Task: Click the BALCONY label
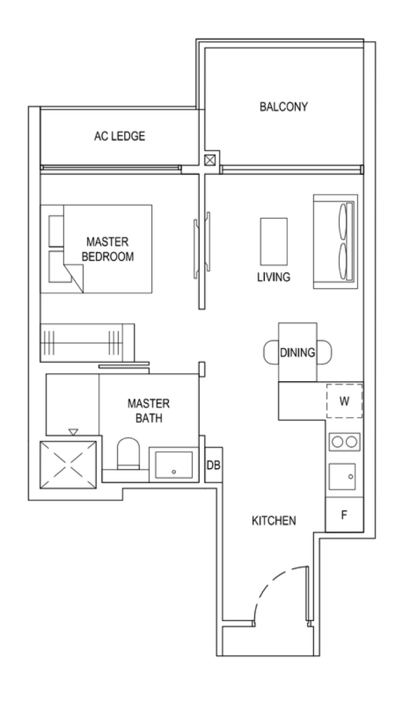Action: pyautogui.click(x=283, y=107)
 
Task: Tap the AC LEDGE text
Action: pyautogui.click(x=120, y=136)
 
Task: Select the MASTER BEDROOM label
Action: pyautogui.click(x=108, y=249)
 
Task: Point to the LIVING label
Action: pyautogui.click(x=274, y=277)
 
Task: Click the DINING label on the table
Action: pyautogui.click(x=297, y=353)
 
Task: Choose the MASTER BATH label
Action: pyautogui.click(x=149, y=410)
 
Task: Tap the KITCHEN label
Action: pyautogui.click(x=274, y=521)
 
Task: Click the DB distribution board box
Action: pyautogui.click(x=214, y=465)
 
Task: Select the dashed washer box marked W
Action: pyautogui.click(x=344, y=401)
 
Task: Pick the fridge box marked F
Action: pyautogui.click(x=344, y=515)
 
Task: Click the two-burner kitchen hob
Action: pyautogui.click(x=344, y=442)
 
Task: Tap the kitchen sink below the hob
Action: pyautogui.click(x=342, y=476)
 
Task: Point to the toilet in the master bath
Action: pyautogui.click(x=128, y=454)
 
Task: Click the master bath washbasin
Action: pyautogui.click(x=174, y=465)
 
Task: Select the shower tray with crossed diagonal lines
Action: pyautogui.click(x=68, y=465)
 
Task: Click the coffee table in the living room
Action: pyautogui.click(x=274, y=241)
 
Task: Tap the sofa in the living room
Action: pyautogui.click(x=336, y=241)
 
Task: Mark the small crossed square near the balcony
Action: pyautogui.click(x=210, y=160)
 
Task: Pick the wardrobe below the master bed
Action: pyautogui.click(x=87, y=343)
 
